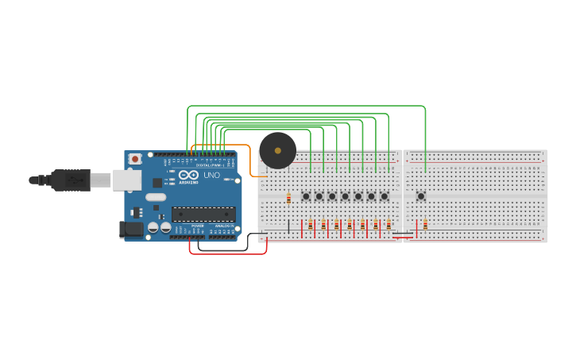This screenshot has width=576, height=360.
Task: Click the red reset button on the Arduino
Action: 135,159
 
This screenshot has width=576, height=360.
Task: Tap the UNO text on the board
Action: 212,176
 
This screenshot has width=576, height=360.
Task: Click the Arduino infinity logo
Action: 188,175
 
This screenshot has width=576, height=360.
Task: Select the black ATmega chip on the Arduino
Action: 203,214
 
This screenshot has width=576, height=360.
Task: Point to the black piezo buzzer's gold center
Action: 277,149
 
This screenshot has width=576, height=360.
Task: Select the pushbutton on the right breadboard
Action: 421,195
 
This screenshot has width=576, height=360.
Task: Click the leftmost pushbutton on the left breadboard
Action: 306,195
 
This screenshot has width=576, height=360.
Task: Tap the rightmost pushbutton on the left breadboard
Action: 384,195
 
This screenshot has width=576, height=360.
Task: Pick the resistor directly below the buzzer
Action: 288,198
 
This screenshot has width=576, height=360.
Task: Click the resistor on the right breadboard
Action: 425,225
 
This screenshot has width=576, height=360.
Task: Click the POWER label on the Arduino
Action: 197,226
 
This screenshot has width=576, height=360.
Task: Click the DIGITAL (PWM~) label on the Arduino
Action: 209,165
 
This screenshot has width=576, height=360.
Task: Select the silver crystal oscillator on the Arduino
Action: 156,197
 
